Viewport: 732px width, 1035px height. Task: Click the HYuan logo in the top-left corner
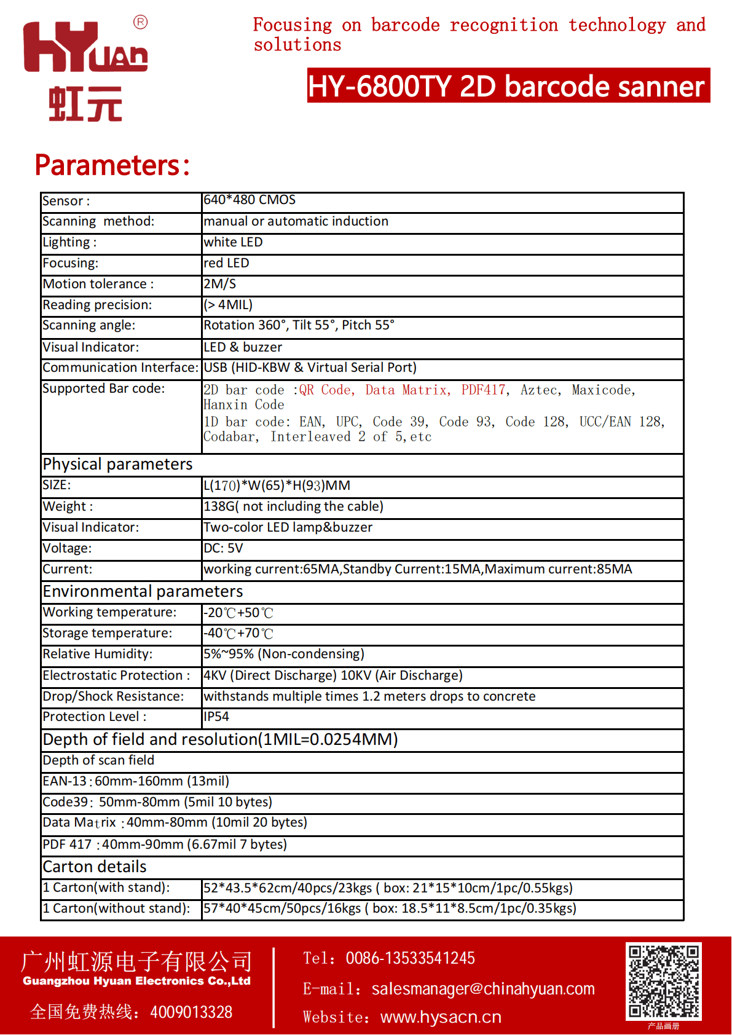85,69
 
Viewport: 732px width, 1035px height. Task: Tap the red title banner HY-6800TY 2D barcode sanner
508,86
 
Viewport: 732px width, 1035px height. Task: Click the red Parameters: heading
112,165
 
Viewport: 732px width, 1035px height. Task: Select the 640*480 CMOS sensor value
250,200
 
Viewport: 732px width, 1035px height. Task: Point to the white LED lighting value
233,242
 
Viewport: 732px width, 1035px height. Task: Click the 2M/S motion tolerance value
219,284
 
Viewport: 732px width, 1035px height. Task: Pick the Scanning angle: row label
89,325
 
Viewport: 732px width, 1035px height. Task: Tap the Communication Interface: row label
120,368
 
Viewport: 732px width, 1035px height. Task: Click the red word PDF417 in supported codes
484,390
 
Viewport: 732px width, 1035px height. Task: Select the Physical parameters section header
117,464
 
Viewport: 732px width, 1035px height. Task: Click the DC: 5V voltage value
223,548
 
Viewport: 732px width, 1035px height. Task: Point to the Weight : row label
68,506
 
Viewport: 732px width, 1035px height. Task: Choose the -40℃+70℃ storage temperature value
238,633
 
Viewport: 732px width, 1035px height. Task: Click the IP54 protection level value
216,717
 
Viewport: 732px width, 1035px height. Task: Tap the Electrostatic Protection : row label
116,675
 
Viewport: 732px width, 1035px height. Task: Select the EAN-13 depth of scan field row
136,781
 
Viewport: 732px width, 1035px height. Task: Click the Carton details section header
95,867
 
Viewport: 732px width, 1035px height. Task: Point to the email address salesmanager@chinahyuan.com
483,989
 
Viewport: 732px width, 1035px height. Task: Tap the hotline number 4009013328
191,1012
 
